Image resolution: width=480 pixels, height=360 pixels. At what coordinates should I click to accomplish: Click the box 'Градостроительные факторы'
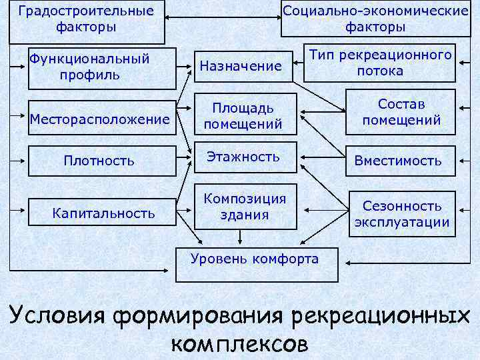click(x=86, y=20)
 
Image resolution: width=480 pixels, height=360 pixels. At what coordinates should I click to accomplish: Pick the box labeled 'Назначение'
click(x=241, y=66)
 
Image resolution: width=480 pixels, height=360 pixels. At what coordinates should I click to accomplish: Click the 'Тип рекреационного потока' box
click(x=379, y=63)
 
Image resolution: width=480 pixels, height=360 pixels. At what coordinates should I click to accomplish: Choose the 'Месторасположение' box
click(x=100, y=119)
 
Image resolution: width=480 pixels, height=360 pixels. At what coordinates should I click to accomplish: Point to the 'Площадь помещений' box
click(x=243, y=115)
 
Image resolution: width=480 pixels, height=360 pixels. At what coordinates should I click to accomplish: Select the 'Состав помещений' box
click(x=401, y=112)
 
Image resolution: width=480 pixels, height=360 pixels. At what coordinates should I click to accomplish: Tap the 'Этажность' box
click(x=243, y=157)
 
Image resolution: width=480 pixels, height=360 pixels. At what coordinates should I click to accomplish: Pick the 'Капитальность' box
click(x=103, y=213)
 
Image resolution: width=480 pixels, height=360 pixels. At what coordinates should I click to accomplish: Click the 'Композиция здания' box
click(x=245, y=206)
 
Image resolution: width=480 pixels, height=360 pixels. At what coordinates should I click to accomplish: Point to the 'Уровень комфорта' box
click(x=254, y=259)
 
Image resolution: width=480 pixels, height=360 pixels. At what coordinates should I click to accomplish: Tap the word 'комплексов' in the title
click(x=239, y=343)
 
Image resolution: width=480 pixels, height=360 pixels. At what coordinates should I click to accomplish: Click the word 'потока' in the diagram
click(x=379, y=71)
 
